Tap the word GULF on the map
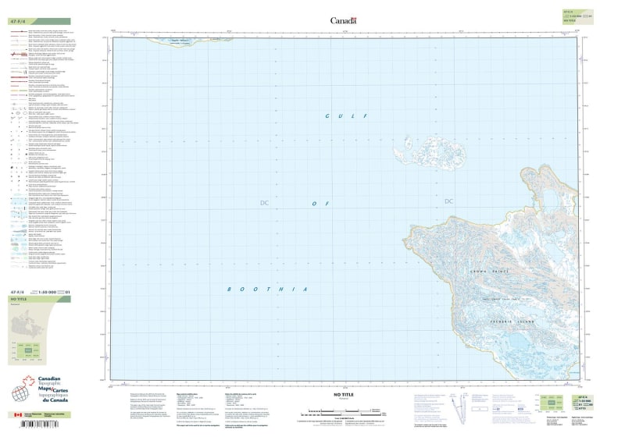tap(341, 115)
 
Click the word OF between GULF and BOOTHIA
tap(317, 203)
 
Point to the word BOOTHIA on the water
tap(268, 289)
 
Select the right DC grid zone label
tap(448, 202)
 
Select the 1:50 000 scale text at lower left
tap(48, 292)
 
